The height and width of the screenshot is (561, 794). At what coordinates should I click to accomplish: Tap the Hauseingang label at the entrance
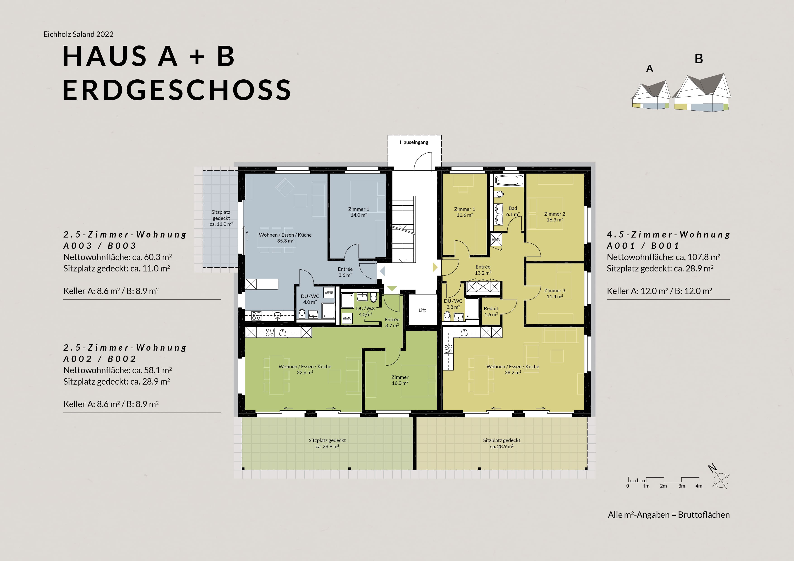click(x=414, y=142)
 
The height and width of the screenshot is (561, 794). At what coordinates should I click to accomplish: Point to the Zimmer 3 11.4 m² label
click(x=555, y=293)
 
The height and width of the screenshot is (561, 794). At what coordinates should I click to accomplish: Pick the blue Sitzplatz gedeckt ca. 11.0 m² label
click(x=221, y=218)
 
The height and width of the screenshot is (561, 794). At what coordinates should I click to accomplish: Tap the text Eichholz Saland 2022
click(x=79, y=34)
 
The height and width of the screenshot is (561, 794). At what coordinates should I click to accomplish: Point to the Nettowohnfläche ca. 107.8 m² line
click(x=663, y=257)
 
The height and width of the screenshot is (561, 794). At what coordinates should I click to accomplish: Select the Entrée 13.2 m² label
click(x=483, y=270)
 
